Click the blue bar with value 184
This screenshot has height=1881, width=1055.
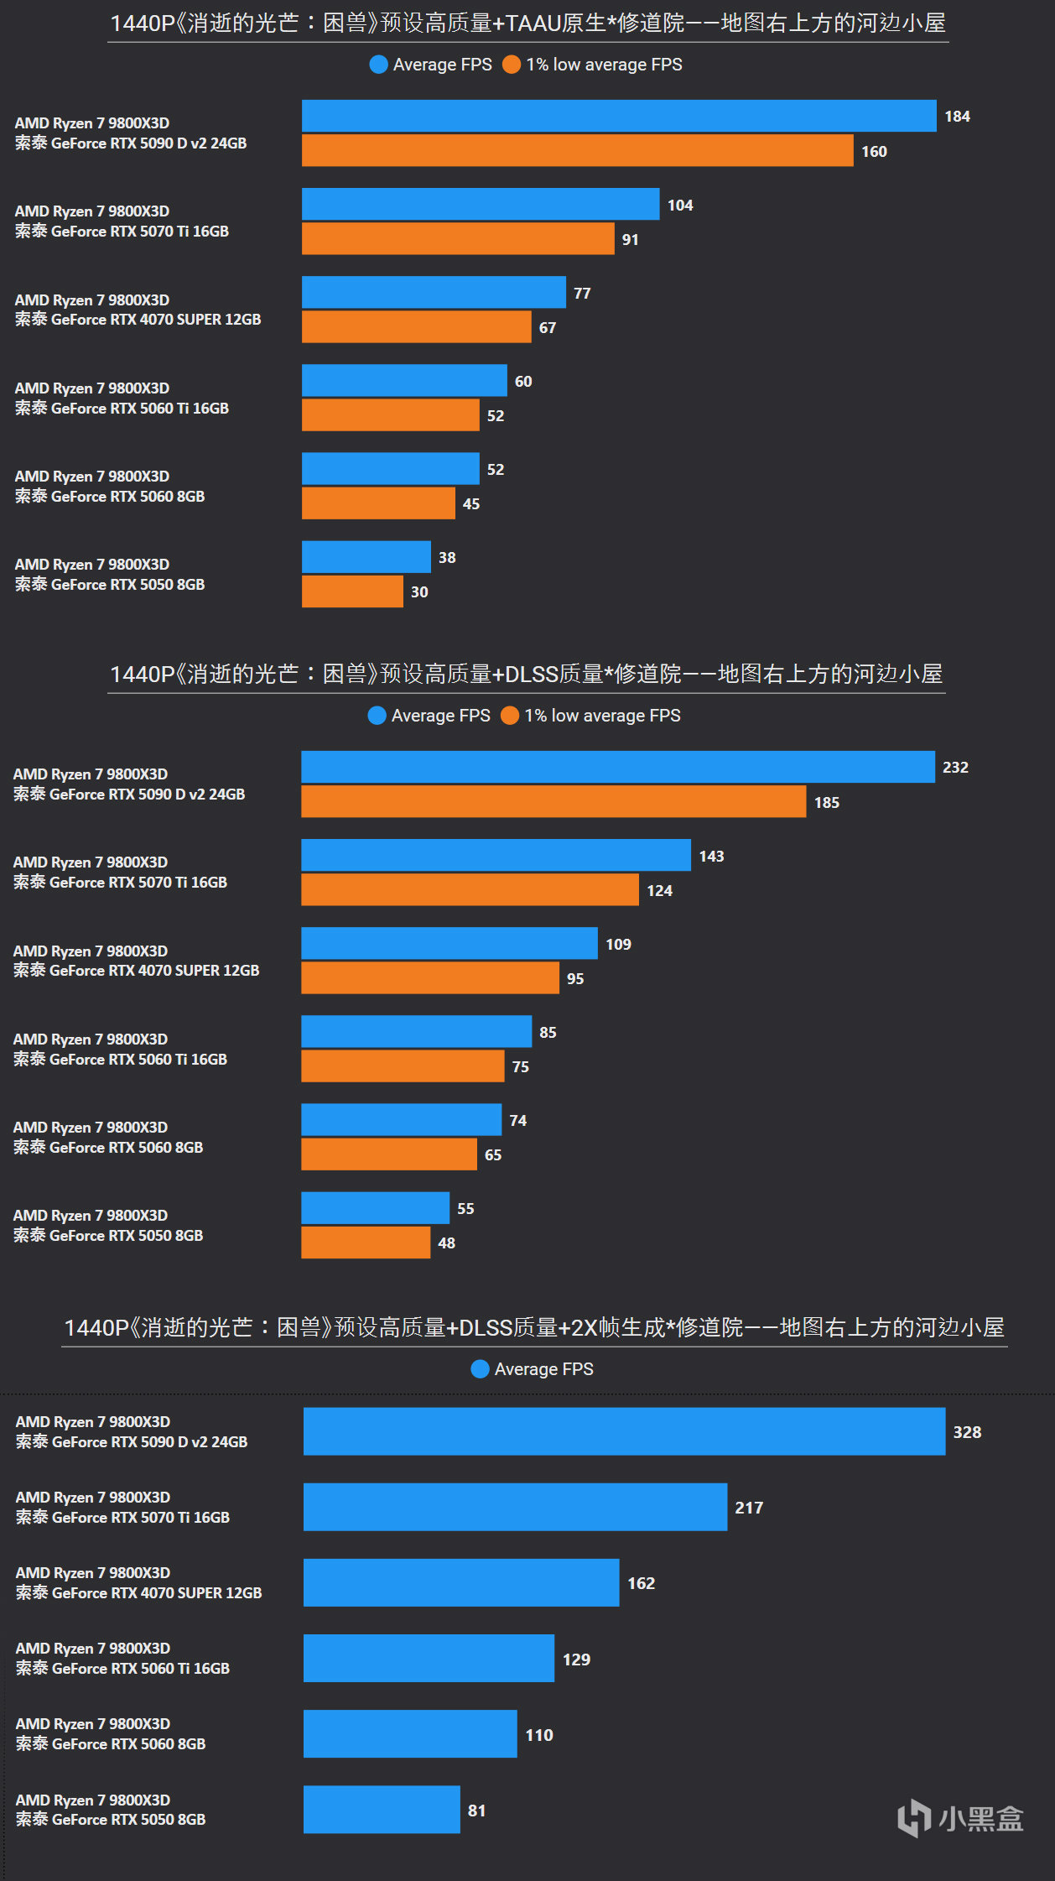[x=619, y=116]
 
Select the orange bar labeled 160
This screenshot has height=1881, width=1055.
[x=577, y=151]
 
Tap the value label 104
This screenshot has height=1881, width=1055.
[x=680, y=206]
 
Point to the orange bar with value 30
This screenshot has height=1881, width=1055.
[x=352, y=591]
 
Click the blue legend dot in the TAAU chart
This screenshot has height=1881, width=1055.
[x=378, y=65]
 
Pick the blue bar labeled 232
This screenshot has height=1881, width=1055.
[x=617, y=767]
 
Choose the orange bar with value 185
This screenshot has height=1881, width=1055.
[x=553, y=801]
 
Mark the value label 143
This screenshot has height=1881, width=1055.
[x=711, y=857]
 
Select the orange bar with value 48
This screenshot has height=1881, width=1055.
[x=366, y=1243]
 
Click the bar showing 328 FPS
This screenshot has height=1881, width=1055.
[x=624, y=1431]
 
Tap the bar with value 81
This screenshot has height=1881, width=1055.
[x=382, y=1810]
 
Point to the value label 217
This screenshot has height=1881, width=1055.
[x=749, y=1508]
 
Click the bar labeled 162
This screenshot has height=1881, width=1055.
[x=461, y=1582]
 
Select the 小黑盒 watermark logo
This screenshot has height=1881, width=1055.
[x=960, y=1818]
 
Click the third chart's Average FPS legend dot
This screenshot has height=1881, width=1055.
[x=480, y=1369]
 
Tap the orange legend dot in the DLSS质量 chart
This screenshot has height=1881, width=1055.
[x=509, y=716]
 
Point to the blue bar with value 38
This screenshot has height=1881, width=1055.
[x=366, y=557]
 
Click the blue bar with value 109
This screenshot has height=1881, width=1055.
[x=450, y=944]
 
